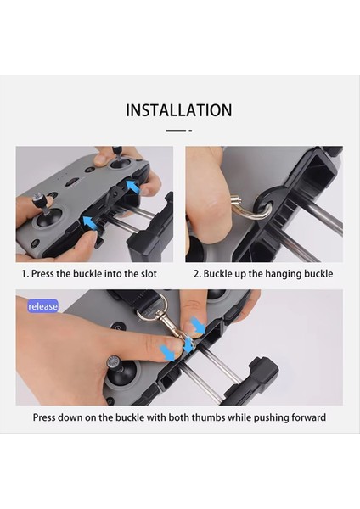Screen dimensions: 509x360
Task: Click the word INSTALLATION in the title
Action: (x=179, y=109)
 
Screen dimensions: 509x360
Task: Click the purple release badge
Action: (x=42, y=305)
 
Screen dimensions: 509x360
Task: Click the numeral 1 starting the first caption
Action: (x=24, y=274)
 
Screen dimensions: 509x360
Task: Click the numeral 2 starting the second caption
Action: (x=196, y=274)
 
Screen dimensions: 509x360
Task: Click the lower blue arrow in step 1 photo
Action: (x=87, y=223)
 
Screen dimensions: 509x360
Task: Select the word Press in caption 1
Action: (x=48, y=274)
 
